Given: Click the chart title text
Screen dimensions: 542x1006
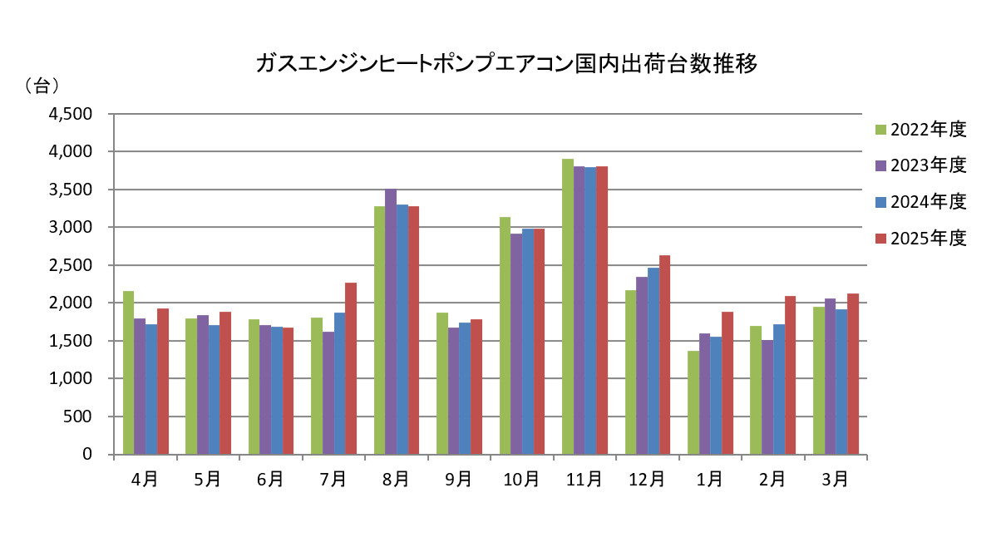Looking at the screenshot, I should (506, 65).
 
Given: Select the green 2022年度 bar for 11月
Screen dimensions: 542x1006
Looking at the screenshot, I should (568, 307).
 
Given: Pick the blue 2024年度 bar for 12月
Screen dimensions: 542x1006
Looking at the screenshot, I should (653, 361).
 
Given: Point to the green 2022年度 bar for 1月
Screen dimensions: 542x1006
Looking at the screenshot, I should (693, 402).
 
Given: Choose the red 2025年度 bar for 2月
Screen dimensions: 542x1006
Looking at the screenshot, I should (790, 375).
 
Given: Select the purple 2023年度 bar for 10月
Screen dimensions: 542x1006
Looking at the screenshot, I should (516, 344).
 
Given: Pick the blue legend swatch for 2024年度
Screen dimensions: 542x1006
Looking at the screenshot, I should (880, 202).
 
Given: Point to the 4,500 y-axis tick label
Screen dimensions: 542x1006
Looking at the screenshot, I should (72, 114).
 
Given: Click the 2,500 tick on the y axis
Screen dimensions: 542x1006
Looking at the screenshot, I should (72, 265).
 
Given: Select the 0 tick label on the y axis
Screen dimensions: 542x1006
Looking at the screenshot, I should (86, 455).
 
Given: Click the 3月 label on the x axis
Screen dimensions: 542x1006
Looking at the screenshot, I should (835, 480).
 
